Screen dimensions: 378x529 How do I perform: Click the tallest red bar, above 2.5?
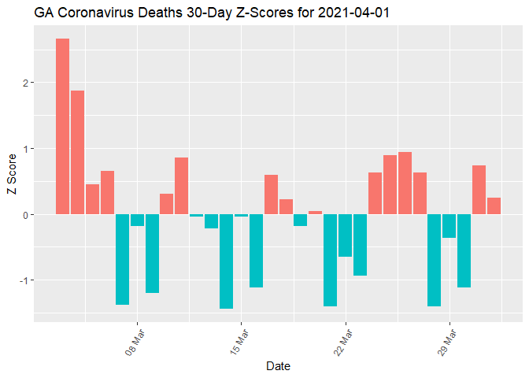click(x=62, y=126)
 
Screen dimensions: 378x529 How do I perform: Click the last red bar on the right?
click(x=494, y=206)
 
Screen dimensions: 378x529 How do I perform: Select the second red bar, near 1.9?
click(x=77, y=152)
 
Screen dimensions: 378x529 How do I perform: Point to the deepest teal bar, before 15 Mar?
click(x=226, y=261)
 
